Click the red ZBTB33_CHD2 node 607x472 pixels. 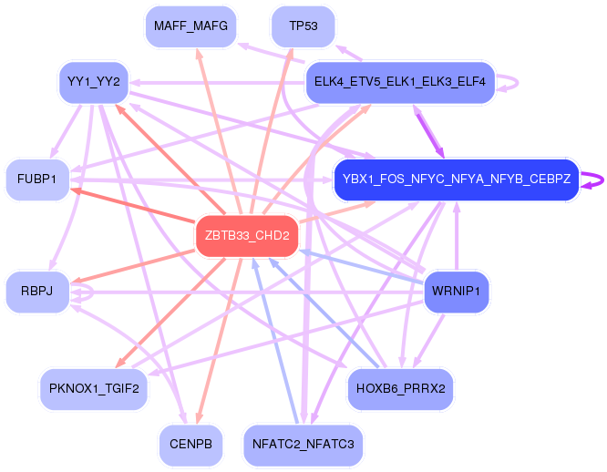247,236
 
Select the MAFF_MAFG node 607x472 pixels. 190,26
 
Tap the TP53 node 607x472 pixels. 303,26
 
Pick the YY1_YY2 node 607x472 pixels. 94,81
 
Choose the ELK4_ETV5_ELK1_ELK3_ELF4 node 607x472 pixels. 399,82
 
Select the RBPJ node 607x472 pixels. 37,292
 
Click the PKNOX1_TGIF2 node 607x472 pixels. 94,389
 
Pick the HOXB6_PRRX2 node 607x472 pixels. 401,389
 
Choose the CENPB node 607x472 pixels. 190,445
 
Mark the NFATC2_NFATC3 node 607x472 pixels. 303,445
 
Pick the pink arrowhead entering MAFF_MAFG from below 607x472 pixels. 199,54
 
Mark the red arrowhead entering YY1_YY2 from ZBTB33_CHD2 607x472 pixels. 119,108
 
